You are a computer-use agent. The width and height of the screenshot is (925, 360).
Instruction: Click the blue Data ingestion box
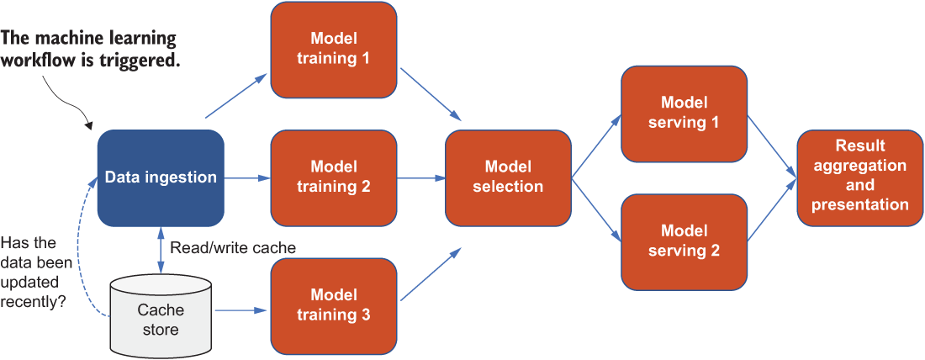(x=161, y=177)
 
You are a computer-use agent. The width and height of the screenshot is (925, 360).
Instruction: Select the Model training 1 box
(x=333, y=50)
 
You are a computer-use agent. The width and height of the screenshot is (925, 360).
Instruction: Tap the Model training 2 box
(x=333, y=177)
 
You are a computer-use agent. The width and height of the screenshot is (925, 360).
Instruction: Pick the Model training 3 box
(x=333, y=305)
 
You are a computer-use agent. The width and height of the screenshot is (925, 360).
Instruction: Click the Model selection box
(x=508, y=177)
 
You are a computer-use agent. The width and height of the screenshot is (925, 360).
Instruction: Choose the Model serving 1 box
(x=684, y=114)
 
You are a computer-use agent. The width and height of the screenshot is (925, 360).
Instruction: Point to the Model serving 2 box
(x=684, y=241)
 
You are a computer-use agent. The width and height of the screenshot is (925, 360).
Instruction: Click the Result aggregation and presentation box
(x=860, y=177)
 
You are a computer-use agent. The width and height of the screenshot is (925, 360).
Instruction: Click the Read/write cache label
(x=232, y=248)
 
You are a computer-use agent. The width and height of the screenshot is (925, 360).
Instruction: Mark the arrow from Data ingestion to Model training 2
(x=247, y=177)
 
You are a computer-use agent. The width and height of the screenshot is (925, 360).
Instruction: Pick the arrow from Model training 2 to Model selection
(x=420, y=177)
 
